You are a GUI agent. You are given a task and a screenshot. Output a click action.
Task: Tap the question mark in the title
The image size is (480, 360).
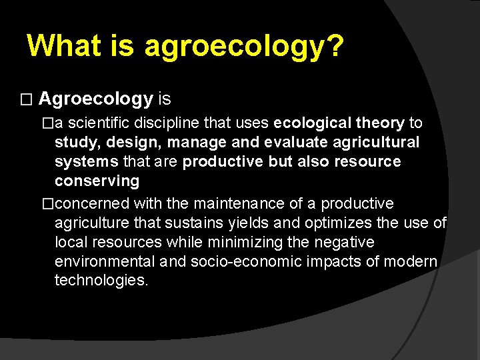pos(335,45)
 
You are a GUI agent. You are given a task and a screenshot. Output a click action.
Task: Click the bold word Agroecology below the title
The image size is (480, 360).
pos(96,99)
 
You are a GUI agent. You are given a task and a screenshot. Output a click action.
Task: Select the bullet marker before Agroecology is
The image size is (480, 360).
pos(26,101)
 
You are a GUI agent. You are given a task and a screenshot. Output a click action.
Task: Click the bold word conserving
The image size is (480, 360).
pos(97,181)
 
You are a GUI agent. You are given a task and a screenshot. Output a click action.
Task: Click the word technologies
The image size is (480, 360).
pos(101,280)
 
